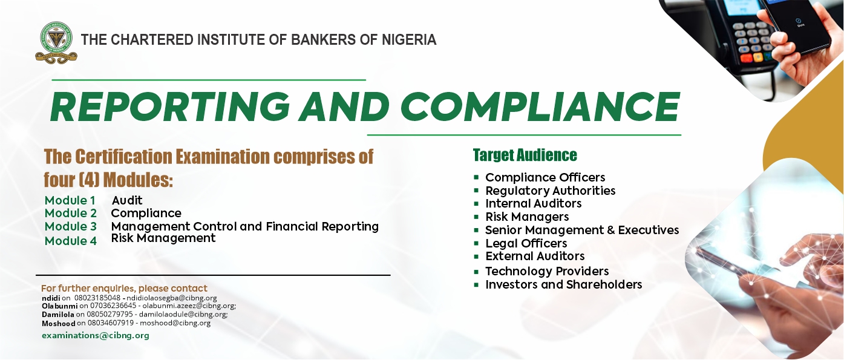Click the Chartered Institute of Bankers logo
tap(56, 42)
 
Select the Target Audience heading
tap(525, 155)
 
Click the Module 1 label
tap(70, 200)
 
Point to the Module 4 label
tap(70, 241)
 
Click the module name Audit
tap(127, 200)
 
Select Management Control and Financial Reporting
tap(245, 226)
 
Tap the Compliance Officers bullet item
tap(545, 177)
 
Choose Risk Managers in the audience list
tap(527, 217)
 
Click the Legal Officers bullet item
tap(526, 243)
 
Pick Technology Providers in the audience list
tap(547, 271)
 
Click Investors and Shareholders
tap(564, 284)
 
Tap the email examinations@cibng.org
tap(96, 336)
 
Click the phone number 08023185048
tap(97, 298)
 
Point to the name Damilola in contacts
tap(58, 315)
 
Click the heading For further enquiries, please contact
tap(125, 289)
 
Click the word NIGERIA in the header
tap(409, 39)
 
